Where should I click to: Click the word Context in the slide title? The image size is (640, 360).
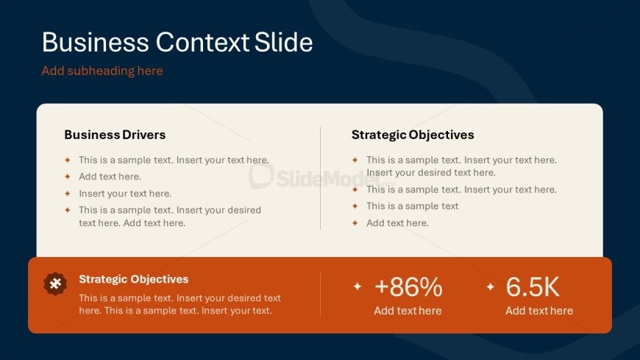[x=202, y=42]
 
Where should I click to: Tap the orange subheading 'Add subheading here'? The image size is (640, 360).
[x=102, y=71]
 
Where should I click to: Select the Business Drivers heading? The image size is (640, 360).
[x=115, y=135]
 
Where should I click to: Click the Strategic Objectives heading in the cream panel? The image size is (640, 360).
[x=413, y=135]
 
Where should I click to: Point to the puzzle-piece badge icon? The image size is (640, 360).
[x=55, y=283]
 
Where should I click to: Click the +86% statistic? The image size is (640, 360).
[x=408, y=286]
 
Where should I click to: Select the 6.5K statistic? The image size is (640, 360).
[x=533, y=286]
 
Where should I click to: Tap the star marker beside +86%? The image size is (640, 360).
[x=357, y=286]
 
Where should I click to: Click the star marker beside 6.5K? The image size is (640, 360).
[x=490, y=287]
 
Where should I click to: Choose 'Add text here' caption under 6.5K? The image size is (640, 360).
[x=539, y=311]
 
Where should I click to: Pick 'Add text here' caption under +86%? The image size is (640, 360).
[x=408, y=311]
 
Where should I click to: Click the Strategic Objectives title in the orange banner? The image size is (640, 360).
[x=133, y=279]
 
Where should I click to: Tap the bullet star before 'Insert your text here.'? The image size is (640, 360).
[x=68, y=194]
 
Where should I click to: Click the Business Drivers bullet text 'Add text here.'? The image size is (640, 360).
[x=110, y=177]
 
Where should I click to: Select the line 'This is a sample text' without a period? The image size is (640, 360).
[x=412, y=206]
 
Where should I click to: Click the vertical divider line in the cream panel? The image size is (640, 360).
[x=321, y=178]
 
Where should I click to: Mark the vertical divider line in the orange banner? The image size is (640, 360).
[x=321, y=294]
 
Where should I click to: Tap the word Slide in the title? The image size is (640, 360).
[x=284, y=42]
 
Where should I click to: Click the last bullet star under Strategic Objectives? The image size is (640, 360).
[x=355, y=223]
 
